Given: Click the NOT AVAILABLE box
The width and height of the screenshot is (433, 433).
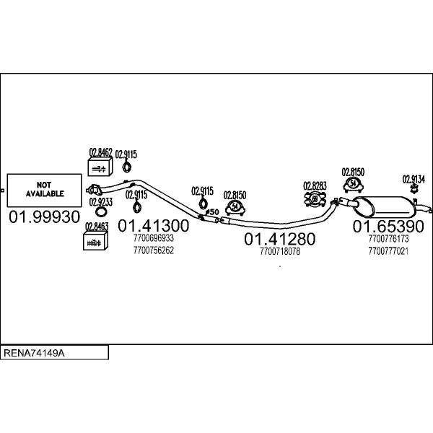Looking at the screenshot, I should (x=44, y=190).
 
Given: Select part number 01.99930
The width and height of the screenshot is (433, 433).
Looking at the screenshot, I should (x=44, y=217).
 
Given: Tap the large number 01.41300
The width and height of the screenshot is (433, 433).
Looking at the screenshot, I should (x=154, y=225).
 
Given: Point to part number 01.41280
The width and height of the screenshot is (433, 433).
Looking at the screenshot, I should (x=279, y=239).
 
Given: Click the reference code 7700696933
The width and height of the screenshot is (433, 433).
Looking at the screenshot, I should (x=154, y=237).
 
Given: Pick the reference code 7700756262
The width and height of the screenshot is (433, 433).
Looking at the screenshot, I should (x=154, y=250).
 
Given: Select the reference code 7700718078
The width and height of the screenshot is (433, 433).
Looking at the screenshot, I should (x=279, y=252).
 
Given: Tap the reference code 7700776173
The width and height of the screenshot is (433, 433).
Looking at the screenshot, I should (x=388, y=239).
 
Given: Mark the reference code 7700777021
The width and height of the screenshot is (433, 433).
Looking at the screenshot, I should (x=388, y=250).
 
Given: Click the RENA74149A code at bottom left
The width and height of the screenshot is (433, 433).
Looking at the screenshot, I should (x=34, y=353).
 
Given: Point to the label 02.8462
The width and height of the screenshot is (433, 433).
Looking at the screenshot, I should (x=100, y=152).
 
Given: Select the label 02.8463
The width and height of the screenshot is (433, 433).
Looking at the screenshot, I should (x=96, y=226).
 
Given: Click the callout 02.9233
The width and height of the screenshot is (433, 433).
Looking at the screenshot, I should (x=101, y=203).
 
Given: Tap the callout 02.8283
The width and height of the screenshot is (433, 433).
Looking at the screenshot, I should (x=315, y=185).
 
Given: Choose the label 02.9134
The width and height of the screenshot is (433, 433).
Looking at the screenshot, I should (x=414, y=179).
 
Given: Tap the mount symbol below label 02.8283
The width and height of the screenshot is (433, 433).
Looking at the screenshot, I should (x=315, y=198).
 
